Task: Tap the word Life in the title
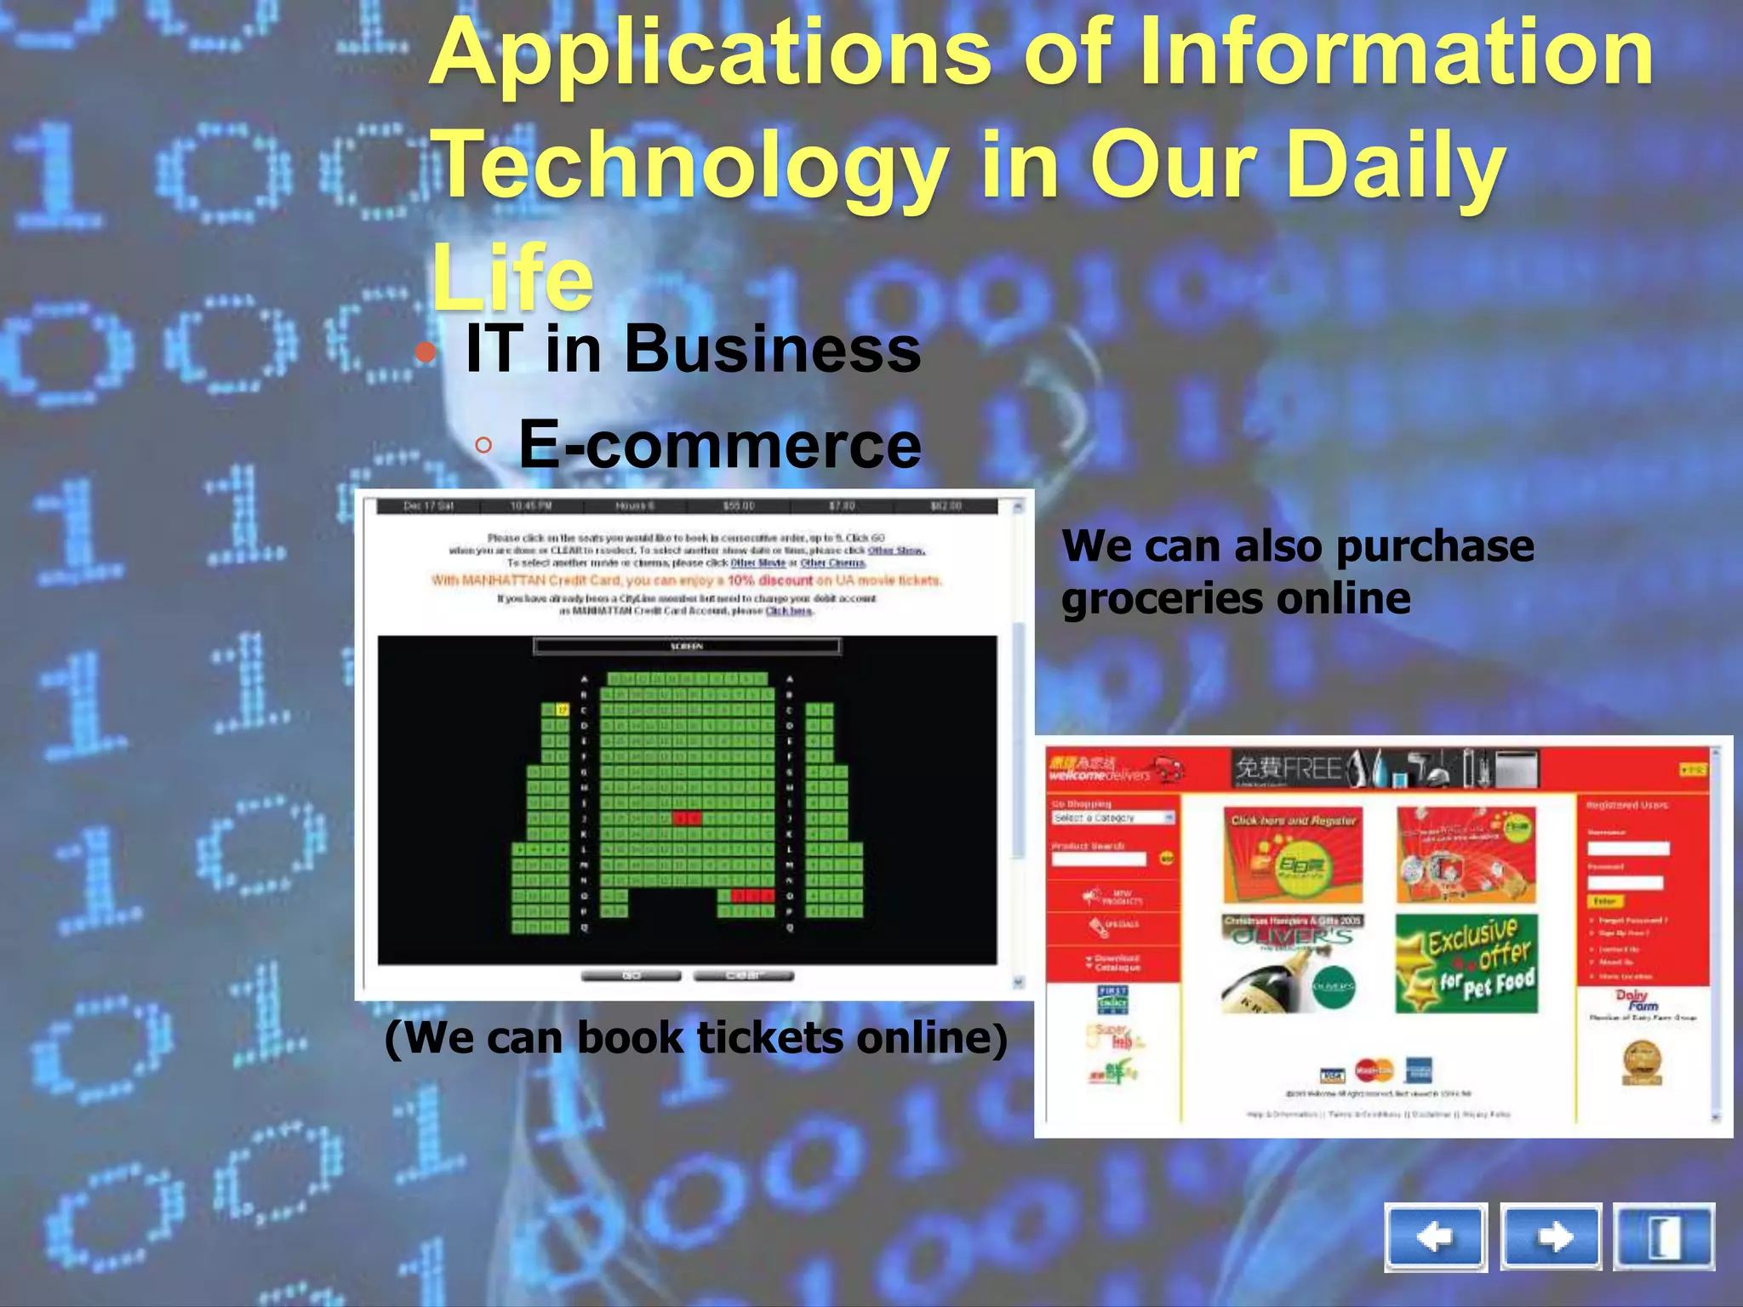(x=511, y=278)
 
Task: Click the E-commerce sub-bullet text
(x=719, y=444)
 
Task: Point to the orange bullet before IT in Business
(x=426, y=351)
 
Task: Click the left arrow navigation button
(x=1436, y=1236)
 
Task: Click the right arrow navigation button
(x=1551, y=1236)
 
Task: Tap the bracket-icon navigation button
(x=1664, y=1236)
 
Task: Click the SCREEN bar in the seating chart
(x=687, y=647)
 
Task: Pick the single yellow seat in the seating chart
(x=562, y=710)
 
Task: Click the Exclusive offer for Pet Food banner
(x=1466, y=963)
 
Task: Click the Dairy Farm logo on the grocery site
(x=1632, y=1000)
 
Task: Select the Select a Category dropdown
(x=1112, y=818)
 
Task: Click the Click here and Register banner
(x=1293, y=855)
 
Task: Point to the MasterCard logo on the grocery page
(x=1373, y=1070)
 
